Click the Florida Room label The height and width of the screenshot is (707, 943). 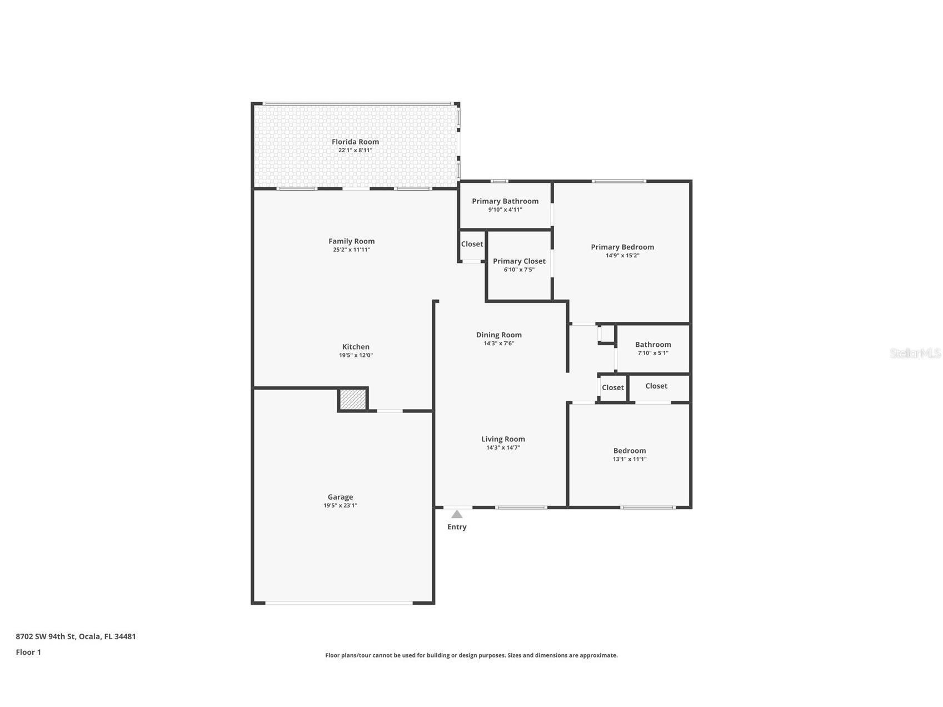click(355, 142)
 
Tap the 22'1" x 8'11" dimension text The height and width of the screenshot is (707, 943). click(355, 151)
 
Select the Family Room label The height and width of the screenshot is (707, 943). click(351, 241)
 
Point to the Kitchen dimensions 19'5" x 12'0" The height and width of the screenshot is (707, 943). click(356, 355)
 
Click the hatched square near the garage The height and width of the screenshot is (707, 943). click(353, 400)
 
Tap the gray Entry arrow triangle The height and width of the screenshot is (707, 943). click(457, 514)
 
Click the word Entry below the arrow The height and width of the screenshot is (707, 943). click(457, 527)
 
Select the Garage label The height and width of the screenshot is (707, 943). click(340, 497)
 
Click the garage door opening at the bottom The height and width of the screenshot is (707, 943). click(339, 603)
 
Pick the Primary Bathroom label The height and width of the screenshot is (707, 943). click(505, 201)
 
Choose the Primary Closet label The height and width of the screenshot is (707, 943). click(519, 261)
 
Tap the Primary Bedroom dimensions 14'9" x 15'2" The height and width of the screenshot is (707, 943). click(622, 256)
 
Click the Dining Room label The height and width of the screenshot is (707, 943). click(498, 335)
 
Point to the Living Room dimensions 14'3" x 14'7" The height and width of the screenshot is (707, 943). click(503, 447)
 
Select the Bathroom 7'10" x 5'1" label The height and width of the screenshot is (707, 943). click(653, 345)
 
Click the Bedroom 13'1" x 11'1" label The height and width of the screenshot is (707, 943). click(630, 451)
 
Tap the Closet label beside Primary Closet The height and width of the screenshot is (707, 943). click(472, 244)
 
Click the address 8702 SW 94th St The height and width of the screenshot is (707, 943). click(76, 636)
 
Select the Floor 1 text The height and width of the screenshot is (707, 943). click(28, 652)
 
